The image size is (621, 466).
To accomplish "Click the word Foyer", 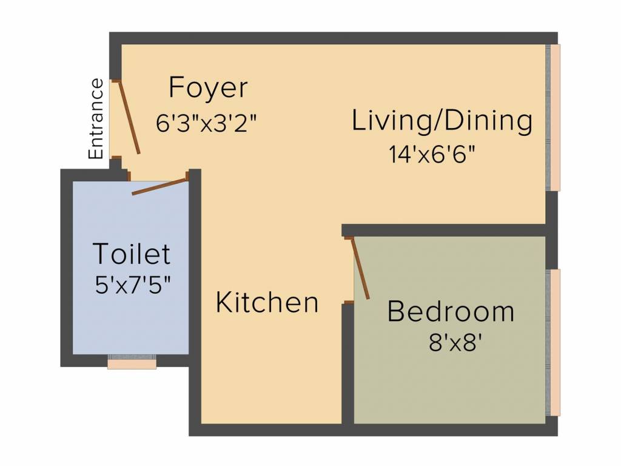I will click(x=208, y=88).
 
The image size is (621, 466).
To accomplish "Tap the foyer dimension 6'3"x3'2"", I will click(x=207, y=123).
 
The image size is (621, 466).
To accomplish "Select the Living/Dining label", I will click(x=442, y=121).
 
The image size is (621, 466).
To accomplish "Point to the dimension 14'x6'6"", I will click(x=431, y=154).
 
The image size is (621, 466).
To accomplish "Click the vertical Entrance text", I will click(x=96, y=119).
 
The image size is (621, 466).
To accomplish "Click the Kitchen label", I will click(x=267, y=302).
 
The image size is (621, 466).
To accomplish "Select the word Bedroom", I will click(x=451, y=312).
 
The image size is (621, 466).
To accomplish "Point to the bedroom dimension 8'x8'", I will click(x=455, y=343).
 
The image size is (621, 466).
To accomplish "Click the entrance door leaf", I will click(x=129, y=117).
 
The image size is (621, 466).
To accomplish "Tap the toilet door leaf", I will click(x=159, y=186).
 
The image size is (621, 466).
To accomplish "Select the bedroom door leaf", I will click(x=360, y=268).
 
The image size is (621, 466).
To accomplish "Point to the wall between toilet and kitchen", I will click(x=195, y=267).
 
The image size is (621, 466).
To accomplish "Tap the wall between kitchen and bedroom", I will click(x=347, y=364).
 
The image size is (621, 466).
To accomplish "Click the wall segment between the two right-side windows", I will click(x=551, y=229).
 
